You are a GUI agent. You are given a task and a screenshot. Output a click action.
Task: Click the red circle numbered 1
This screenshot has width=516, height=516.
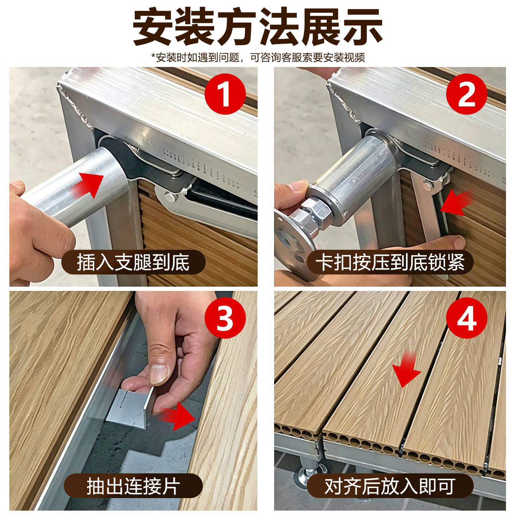225,94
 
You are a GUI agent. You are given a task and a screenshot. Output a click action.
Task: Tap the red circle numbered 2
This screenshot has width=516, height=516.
467,94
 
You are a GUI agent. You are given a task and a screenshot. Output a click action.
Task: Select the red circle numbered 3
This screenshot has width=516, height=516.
225,318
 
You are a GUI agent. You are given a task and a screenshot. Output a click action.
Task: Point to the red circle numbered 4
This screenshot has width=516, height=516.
467,318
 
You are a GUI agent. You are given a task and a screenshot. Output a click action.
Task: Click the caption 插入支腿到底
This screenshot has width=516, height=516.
133,262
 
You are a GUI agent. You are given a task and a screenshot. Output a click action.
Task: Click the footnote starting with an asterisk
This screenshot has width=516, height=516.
258,57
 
